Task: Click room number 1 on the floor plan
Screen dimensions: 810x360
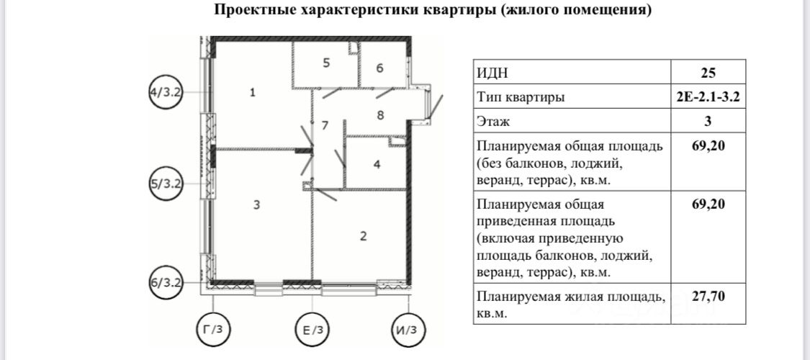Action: point(252,92)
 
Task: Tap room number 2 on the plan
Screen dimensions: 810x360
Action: point(364,235)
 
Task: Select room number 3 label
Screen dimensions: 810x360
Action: point(256,205)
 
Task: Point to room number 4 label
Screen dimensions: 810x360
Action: point(377,164)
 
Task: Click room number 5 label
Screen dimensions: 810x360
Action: point(326,63)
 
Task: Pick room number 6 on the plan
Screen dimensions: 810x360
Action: point(379,69)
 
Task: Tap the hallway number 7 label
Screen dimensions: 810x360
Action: point(325,125)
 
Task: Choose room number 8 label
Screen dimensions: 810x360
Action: point(380,114)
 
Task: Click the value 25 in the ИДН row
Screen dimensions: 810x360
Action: point(708,72)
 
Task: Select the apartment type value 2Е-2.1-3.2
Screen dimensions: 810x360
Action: point(708,97)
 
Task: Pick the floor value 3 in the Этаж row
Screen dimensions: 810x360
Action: point(708,122)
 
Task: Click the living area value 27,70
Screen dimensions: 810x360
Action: point(708,296)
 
